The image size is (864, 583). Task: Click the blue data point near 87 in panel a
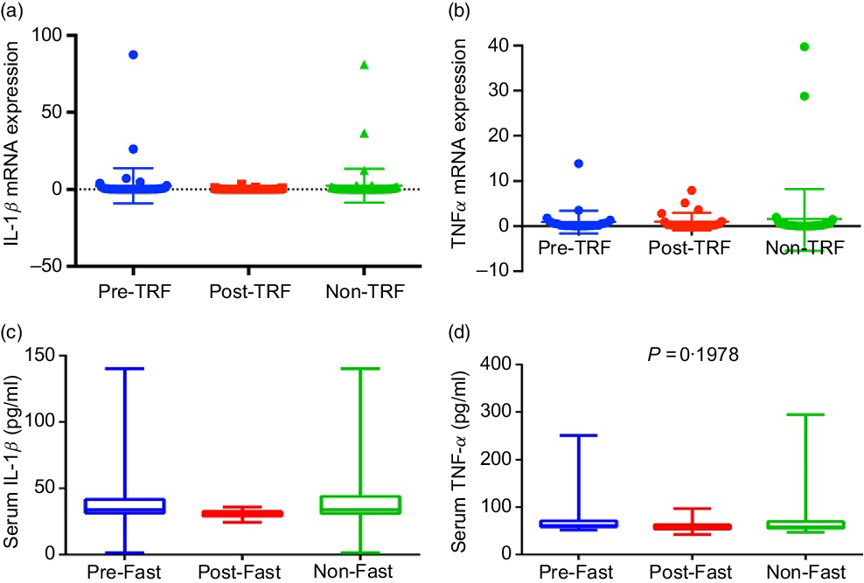tap(134, 54)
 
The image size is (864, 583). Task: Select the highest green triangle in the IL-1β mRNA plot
tap(364, 65)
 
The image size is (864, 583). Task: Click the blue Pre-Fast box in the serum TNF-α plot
tap(578, 524)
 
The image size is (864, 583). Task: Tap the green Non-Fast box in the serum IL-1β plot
tap(361, 504)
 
